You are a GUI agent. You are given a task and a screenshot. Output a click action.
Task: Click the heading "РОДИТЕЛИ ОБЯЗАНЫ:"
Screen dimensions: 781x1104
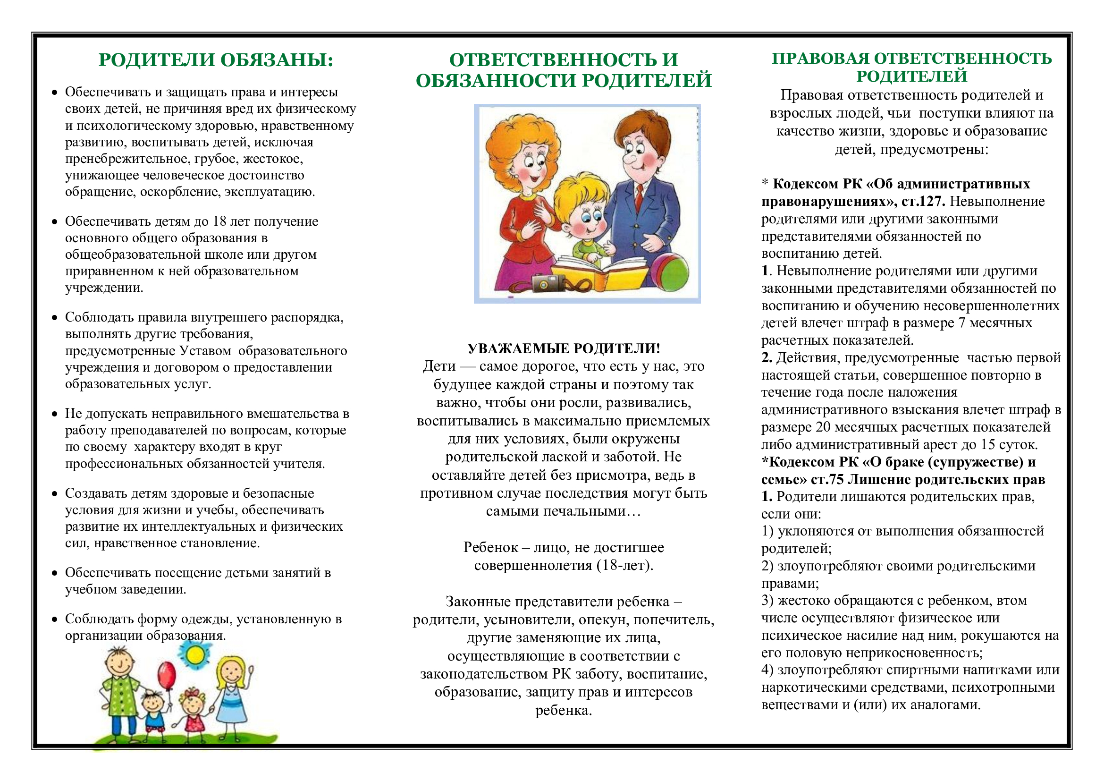216,60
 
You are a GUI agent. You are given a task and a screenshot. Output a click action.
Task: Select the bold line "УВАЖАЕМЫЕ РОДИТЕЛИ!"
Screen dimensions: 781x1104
564,348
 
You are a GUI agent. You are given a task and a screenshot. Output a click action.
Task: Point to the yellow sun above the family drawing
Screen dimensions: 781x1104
195,654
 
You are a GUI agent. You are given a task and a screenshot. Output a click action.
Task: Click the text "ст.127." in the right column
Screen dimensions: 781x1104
923,202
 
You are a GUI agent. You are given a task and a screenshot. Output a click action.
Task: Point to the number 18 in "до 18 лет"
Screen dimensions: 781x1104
219,221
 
